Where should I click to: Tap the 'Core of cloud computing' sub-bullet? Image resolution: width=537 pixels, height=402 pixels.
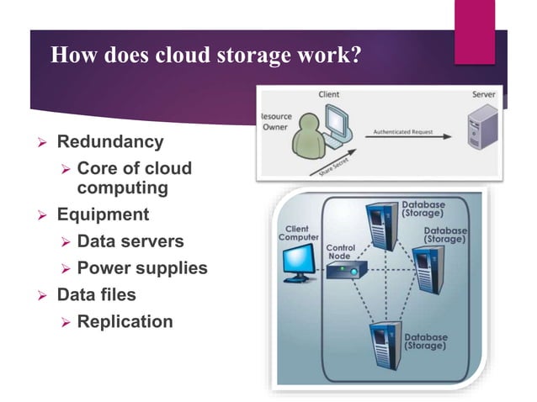[x=134, y=178]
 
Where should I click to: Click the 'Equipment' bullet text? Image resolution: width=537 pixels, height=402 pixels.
[x=103, y=214]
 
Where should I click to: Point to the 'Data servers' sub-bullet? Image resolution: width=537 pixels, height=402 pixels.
[x=130, y=241]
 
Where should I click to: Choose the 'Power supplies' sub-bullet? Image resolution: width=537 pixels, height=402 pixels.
[x=141, y=268]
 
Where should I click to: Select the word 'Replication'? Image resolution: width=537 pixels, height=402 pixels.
[x=125, y=322]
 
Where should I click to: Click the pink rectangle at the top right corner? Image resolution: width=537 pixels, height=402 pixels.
[x=474, y=31]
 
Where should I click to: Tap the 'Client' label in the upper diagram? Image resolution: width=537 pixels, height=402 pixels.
[x=329, y=94]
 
